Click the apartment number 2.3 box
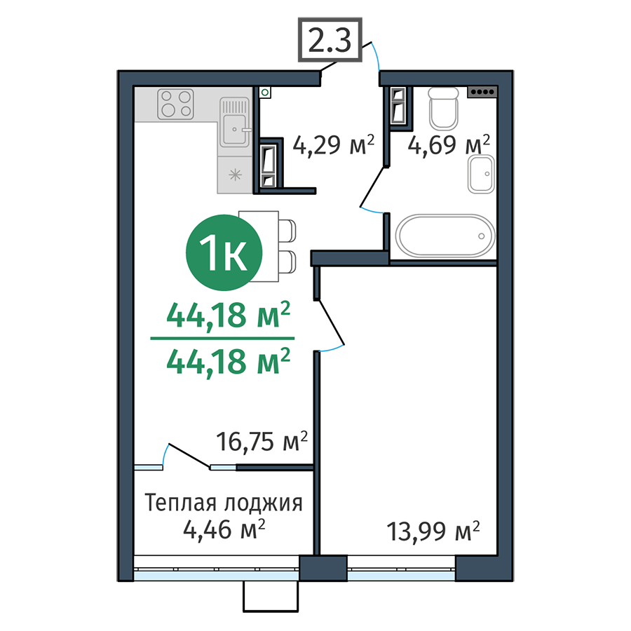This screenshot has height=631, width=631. pos(330,40)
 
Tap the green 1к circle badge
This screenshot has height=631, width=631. pos(224,252)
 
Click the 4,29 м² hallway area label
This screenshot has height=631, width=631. pos(334,145)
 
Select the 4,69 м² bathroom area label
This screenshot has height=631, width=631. pos(449,145)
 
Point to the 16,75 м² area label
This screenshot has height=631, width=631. pos(262,441)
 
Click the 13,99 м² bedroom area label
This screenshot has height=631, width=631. pos(433,531)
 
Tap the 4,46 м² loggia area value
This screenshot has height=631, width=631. pos(224,529)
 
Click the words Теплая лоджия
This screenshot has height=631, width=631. pos(224,503)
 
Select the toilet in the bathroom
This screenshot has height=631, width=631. pos(444,108)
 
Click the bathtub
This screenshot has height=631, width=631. pos(445,236)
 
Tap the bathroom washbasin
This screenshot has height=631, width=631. pos(481,174)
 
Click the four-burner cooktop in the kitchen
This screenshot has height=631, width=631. pos(175,104)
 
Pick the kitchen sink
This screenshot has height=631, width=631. pos(235,122)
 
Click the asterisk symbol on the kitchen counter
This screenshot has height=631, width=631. pos(235,175)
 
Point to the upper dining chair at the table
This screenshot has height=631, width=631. pos(287,231)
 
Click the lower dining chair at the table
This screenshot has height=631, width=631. pos(287,262)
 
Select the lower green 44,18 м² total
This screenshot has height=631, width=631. pos(228,362)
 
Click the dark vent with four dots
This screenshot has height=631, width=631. pos(482,92)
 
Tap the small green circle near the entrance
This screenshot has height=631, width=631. pos(265,93)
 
